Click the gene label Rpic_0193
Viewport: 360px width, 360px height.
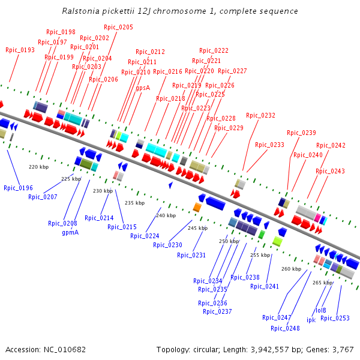point(20,50)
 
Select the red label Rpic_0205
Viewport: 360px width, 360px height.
point(119,28)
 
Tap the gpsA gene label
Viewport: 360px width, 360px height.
point(143,88)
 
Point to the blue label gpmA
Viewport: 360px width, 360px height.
point(70,232)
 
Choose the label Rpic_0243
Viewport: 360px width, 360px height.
point(331,172)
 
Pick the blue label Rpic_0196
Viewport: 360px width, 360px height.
point(19,188)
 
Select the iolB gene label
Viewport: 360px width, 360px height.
point(321,311)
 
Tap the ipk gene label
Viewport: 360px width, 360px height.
point(311,320)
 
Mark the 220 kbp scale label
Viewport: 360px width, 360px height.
point(38,167)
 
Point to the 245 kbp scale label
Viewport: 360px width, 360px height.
point(197,228)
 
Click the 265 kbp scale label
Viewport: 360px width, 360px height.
point(323,283)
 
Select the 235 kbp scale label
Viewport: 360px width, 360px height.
point(134,203)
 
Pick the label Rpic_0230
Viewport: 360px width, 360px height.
point(167,245)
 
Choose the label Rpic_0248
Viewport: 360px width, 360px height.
point(286,328)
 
